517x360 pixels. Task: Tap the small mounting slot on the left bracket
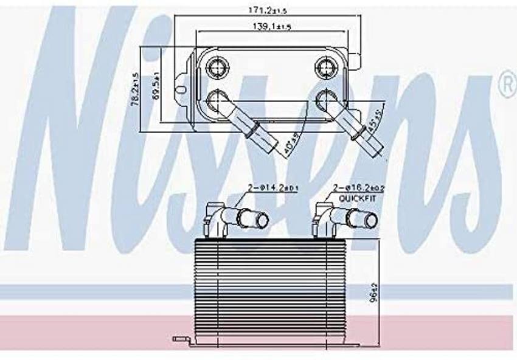click(181, 90)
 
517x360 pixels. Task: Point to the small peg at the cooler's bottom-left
click(177, 338)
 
